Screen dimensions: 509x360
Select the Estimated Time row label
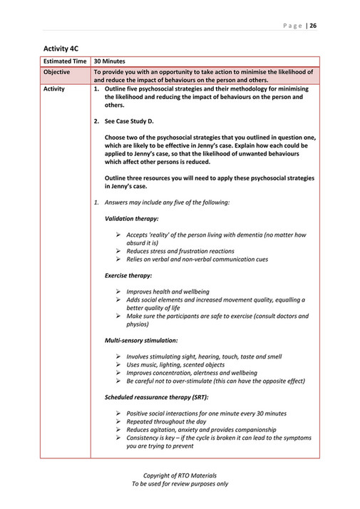[66, 63]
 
